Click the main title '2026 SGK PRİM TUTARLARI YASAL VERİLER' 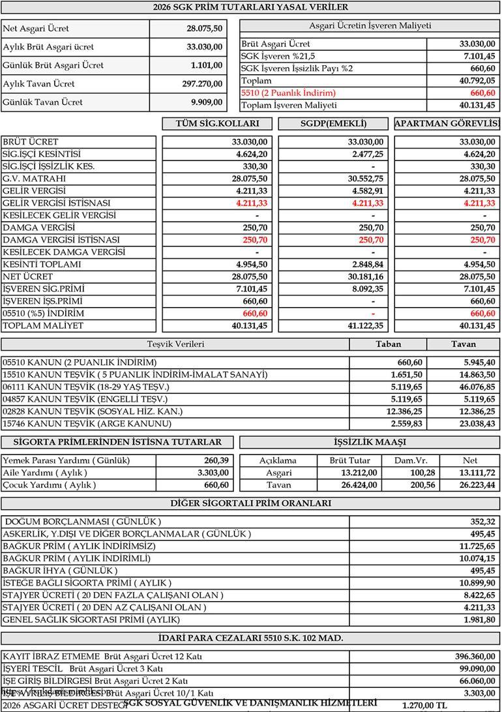[x=250, y=7]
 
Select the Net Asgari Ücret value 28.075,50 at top [x=204, y=29]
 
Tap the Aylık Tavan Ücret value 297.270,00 [x=202, y=83]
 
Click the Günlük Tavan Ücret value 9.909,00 [x=206, y=102]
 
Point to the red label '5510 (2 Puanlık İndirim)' [x=288, y=93]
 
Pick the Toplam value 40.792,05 [x=477, y=81]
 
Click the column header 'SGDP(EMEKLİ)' [x=334, y=124]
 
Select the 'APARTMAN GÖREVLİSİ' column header [x=447, y=124]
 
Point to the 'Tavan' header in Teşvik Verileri [x=464, y=344]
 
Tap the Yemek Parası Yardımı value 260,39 [x=216, y=460]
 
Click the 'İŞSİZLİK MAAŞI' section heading [x=370, y=442]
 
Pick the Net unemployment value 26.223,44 [x=477, y=485]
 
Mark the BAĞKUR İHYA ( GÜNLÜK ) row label [x=61, y=571]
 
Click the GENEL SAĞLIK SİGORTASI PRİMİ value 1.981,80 [x=479, y=619]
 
